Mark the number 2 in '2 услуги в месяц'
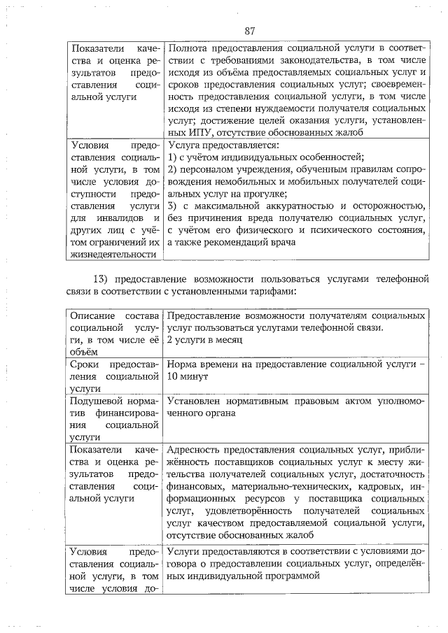click(x=170, y=339)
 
